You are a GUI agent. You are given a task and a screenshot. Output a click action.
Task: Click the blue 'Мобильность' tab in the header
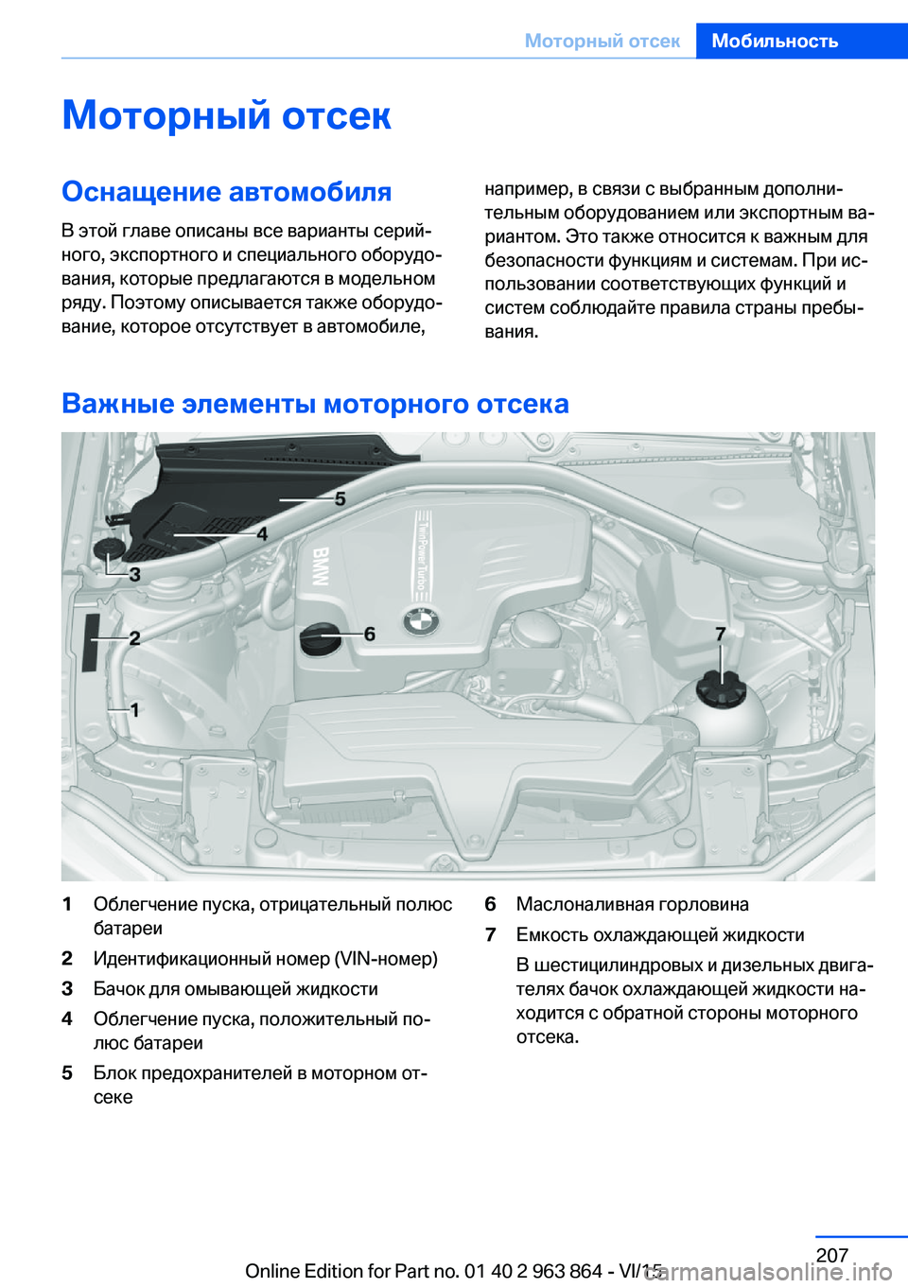(775, 41)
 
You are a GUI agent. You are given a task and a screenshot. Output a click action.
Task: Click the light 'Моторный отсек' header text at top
(602, 41)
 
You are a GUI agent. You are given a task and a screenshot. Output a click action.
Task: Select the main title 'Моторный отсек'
(226, 115)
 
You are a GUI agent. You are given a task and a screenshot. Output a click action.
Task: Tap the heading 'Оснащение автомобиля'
(226, 192)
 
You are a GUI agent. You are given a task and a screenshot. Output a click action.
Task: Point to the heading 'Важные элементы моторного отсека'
(315, 404)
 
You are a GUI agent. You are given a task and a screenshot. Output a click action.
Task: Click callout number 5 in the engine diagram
(340, 498)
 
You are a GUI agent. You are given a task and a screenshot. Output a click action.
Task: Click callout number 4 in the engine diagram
(262, 534)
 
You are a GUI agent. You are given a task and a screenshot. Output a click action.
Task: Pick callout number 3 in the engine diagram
(134, 574)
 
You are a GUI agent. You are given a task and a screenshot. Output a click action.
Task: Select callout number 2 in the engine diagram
(134, 638)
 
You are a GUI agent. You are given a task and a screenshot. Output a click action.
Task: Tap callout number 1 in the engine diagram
(134, 709)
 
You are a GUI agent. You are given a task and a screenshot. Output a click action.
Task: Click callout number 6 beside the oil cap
(370, 634)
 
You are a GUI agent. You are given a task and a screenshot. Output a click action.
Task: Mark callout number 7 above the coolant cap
(721, 634)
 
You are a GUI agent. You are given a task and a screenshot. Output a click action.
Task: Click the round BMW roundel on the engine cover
(421, 621)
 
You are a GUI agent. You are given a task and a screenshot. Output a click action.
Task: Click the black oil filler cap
(320, 638)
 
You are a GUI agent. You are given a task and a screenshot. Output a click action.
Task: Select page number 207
(831, 1255)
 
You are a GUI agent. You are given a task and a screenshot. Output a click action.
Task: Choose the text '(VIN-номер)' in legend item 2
(386, 959)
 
